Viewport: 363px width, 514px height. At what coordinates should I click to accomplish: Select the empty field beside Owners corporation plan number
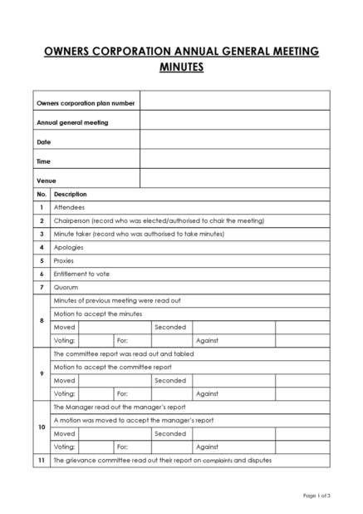[x=234, y=102]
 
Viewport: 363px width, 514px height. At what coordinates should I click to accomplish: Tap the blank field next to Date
[x=234, y=141]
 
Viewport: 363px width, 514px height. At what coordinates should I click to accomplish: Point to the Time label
[x=43, y=161]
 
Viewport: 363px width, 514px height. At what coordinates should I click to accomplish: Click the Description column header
[x=70, y=194]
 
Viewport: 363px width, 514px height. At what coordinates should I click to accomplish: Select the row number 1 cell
[x=41, y=207]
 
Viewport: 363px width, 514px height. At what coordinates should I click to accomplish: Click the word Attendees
[x=69, y=207]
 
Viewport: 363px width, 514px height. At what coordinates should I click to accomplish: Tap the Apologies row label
[x=70, y=247]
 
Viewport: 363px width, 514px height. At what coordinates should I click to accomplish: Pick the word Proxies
[x=64, y=260]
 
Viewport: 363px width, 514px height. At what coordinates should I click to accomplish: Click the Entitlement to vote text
[x=81, y=274]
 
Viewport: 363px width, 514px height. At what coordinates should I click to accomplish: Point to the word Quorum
[x=66, y=287]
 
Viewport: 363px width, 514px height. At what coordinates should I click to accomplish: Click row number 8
[x=41, y=320]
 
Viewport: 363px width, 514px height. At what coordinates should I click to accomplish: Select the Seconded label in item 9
[x=170, y=380]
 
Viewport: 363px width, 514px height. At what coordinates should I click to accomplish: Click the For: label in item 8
[x=122, y=340]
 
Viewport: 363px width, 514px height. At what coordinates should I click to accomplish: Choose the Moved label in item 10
[x=64, y=432]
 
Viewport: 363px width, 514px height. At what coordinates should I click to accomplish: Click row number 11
[x=41, y=460]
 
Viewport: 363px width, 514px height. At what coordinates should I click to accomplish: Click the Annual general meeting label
[x=72, y=122]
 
